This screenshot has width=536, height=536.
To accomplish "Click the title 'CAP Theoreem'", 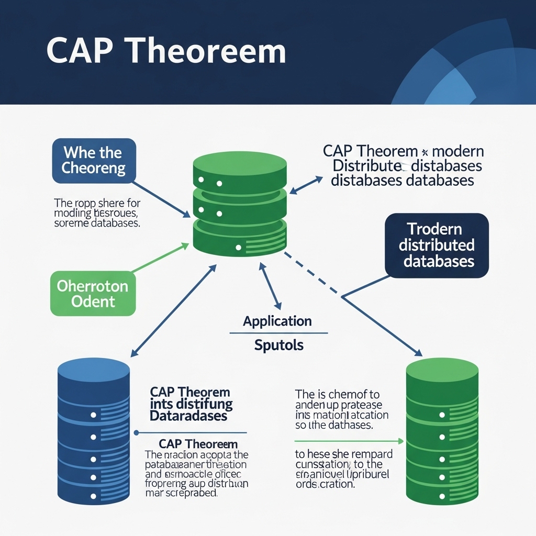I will [166, 51].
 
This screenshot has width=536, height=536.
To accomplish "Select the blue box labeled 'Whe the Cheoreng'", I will [94, 161].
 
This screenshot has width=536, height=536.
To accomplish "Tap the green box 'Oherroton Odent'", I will [93, 294].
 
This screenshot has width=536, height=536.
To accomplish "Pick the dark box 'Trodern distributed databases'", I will [437, 245].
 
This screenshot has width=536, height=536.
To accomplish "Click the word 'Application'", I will [277, 321].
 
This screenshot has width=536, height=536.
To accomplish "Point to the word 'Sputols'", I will [278, 345].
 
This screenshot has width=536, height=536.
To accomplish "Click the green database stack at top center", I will [240, 204].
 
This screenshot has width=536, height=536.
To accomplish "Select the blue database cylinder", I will [93, 429].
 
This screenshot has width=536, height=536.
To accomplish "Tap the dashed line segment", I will [312, 275].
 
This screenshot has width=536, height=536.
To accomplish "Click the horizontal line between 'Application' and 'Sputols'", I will [278, 333].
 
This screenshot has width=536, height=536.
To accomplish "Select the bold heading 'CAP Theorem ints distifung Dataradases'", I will [191, 404].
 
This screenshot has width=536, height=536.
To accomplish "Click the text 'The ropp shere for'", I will [101, 203].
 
